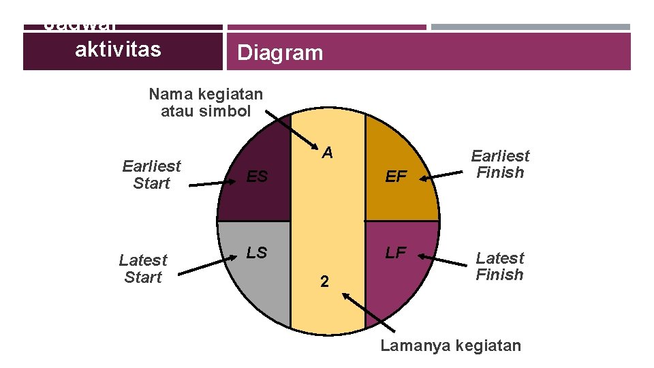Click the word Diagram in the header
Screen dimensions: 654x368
tap(280, 53)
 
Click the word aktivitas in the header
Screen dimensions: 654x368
tap(118, 49)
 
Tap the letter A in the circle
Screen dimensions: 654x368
tap(328, 153)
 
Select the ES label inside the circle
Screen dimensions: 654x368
tap(257, 177)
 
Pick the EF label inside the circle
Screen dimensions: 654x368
tap(396, 178)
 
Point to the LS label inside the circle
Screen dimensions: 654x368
tap(256, 253)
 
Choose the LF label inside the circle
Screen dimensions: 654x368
tap(396, 254)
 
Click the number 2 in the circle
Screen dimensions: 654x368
tap(325, 281)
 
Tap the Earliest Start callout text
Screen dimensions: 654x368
tap(151, 174)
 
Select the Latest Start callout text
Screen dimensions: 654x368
tap(142, 269)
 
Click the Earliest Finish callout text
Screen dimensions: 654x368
tap(500, 164)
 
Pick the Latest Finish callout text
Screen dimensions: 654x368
tap(500, 266)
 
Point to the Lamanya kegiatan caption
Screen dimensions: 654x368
tap(450, 346)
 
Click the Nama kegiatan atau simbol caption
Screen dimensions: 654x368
tap(206, 102)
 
